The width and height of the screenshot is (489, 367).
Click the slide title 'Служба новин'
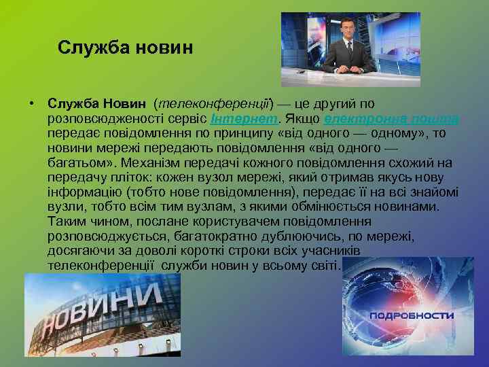pyautogui.click(x=126, y=48)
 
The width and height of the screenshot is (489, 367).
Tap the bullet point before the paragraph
pyautogui.click(x=31, y=104)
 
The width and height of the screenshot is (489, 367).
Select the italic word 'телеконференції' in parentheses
pyautogui.click(x=213, y=104)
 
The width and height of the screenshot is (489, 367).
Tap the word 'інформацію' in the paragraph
pyautogui.click(x=77, y=192)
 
